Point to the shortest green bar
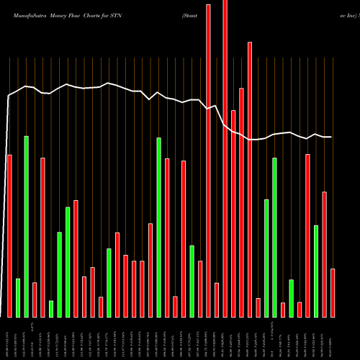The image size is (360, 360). pos(51,309)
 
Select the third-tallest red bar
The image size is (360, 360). pos(250,180)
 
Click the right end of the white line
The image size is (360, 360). pos(332,137)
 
